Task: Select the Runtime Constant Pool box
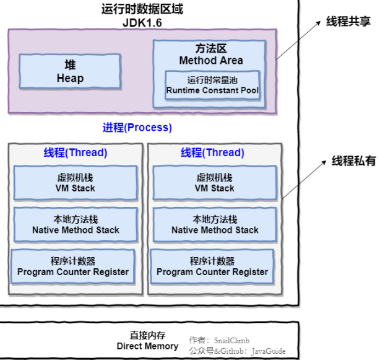tap(212, 86)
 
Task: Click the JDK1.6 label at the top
tap(142, 22)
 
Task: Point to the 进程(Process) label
tap(137, 128)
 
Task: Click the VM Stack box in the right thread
tap(215, 183)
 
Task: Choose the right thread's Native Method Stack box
tap(215, 224)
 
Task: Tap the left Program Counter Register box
tap(73, 266)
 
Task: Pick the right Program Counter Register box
tap(212, 266)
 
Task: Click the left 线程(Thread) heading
tap(75, 152)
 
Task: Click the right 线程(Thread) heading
tap(212, 152)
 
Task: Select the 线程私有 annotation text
tap(353, 160)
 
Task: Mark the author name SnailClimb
tap(231, 340)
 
